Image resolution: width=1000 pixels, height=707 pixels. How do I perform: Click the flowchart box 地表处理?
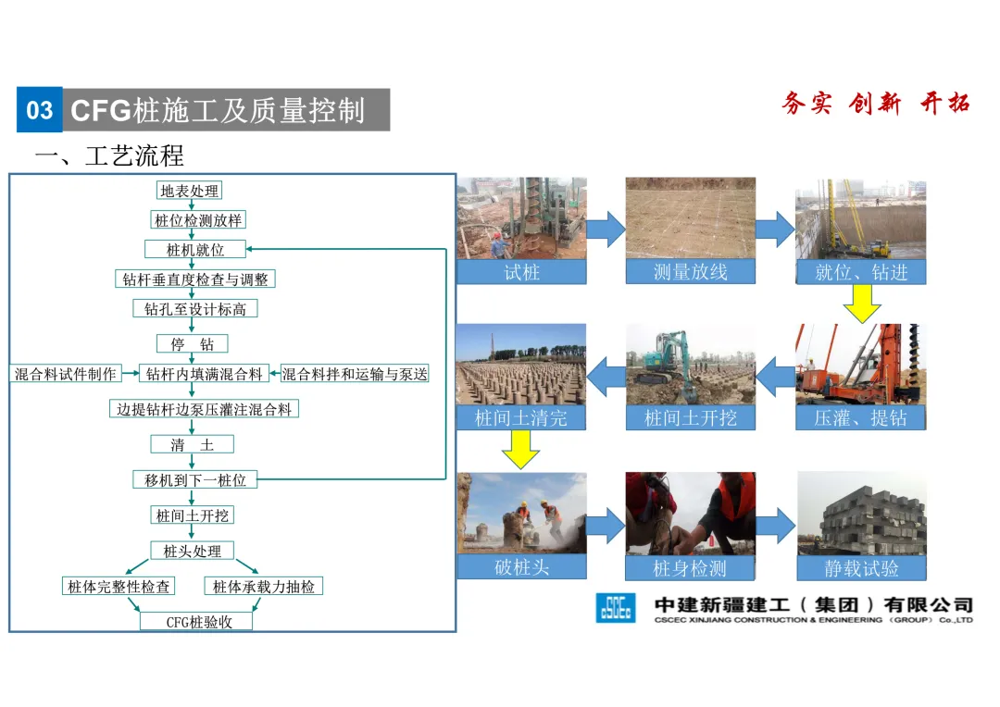tap(190, 191)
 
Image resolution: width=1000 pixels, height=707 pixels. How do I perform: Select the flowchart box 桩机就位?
tap(195, 249)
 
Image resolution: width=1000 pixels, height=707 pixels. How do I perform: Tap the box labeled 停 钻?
tap(192, 344)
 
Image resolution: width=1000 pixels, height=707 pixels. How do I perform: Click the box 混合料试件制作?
tap(66, 374)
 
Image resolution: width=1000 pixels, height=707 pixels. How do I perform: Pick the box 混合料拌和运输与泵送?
tap(355, 374)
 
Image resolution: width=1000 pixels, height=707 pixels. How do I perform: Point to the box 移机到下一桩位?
tap(194, 480)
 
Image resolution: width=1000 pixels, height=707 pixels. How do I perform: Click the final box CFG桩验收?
tap(195, 622)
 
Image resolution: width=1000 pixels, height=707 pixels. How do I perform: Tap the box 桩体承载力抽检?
tap(263, 587)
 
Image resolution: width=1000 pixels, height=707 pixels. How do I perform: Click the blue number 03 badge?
tap(40, 111)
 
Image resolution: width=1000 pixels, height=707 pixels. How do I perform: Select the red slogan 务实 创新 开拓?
tap(875, 104)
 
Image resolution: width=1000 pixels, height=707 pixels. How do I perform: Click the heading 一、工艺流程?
tap(109, 155)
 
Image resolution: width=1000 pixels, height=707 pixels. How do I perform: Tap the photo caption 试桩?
tap(521, 271)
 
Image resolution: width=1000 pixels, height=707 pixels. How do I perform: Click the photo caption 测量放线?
tap(690, 271)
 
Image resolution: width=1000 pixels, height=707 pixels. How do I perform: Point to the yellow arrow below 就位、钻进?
tap(862, 303)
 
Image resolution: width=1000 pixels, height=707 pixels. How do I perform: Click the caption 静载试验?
tap(861, 567)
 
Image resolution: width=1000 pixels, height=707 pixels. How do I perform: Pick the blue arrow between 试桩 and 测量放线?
tap(606, 229)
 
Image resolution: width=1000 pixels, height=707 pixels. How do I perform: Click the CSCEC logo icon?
tap(616, 607)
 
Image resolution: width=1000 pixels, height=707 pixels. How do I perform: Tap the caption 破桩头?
tap(521, 566)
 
